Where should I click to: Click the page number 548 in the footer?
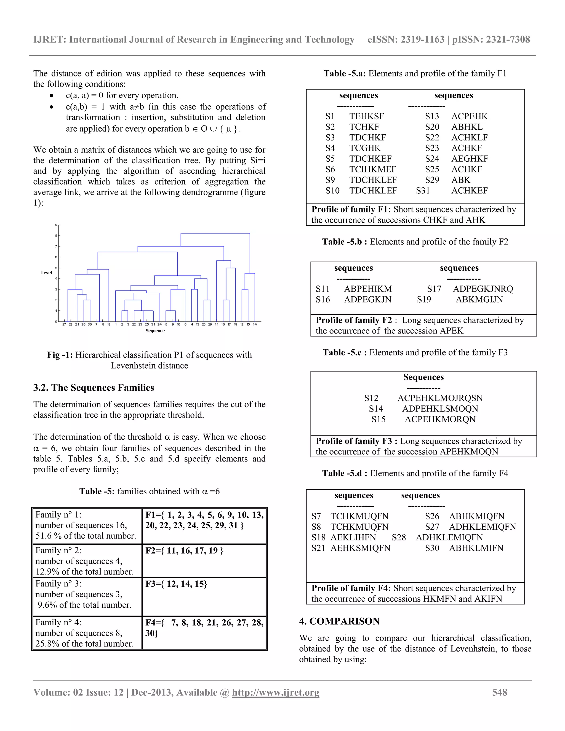coord(499,692)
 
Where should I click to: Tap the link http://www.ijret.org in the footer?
coord(276,692)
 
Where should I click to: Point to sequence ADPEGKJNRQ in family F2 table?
coord(483,289)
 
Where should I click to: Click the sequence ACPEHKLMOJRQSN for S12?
coord(440,398)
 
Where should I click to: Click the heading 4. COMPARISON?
coord(339,621)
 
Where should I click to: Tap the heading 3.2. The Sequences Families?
coord(94,388)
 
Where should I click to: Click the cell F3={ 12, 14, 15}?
coord(176,584)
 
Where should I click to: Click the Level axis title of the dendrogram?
coord(47,273)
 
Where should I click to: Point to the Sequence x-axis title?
coord(155,331)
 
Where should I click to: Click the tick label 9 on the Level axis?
coord(56,225)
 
